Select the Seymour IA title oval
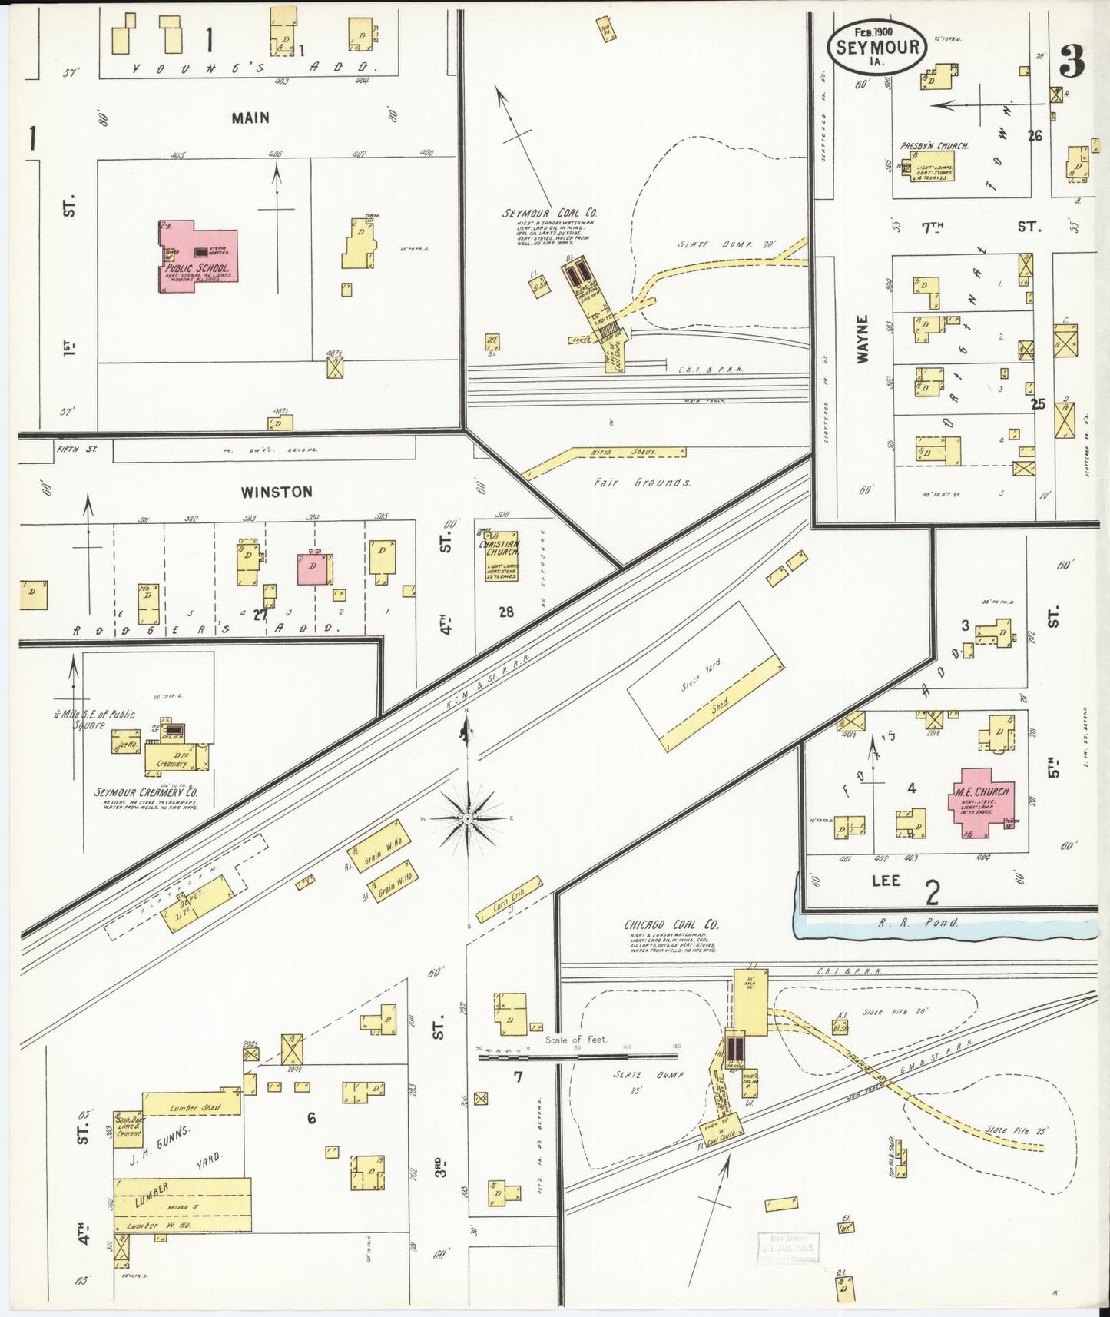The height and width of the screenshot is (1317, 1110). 877,48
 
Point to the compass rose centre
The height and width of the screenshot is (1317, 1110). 468,819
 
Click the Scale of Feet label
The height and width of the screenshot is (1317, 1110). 575,1040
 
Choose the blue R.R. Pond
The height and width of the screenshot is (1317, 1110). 945,927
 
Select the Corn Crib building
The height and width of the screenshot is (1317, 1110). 509,899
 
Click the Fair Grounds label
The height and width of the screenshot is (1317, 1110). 641,483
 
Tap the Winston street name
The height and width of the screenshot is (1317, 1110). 276,492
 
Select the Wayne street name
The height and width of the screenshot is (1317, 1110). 862,339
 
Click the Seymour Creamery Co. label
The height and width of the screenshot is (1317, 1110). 146,792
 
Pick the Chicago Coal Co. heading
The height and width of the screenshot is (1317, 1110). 671,925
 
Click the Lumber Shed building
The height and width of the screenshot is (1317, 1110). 192,1105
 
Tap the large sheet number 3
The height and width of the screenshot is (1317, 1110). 1072,61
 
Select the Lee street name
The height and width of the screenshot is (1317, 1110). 885,881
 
